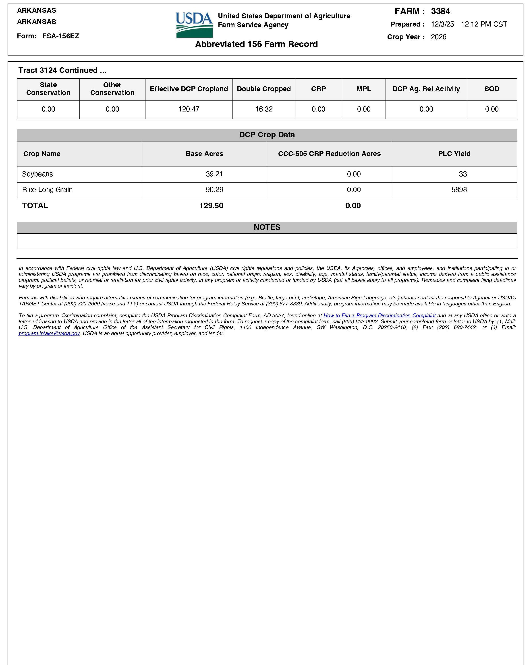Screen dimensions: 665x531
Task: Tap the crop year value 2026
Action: tap(438, 37)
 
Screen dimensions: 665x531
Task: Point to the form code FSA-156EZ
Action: tap(60, 36)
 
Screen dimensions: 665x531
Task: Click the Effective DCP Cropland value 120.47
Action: tap(189, 109)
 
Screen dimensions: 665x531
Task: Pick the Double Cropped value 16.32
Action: tap(264, 109)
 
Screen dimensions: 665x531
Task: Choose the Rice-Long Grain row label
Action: tap(47, 190)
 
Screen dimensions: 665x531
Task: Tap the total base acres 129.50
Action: tap(211, 206)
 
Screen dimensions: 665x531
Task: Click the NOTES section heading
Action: tap(267, 227)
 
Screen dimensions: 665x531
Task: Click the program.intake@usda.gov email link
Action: tap(49, 334)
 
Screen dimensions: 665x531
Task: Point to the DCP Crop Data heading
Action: tap(267, 135)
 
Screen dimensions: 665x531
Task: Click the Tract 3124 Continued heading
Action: tap(62, 70)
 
